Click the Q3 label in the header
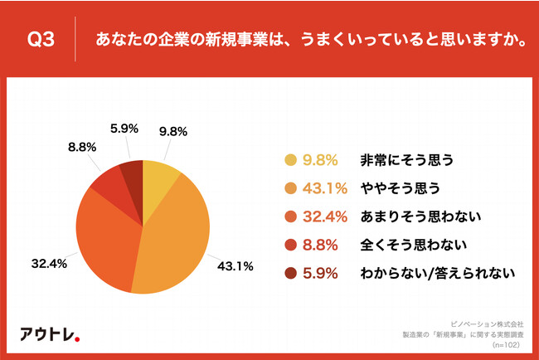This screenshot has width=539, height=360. pyautogui.click(x=41, y=39)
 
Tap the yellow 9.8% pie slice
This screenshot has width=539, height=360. pyautogui.click(x=158, y=175)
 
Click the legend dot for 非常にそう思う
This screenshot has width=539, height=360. pyautogui.click(x=290, y=160)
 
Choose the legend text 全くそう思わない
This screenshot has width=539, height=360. pyautogui.click(x=400, y=245)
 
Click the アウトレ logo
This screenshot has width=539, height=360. pyautogui.click(x=50, y=335)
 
